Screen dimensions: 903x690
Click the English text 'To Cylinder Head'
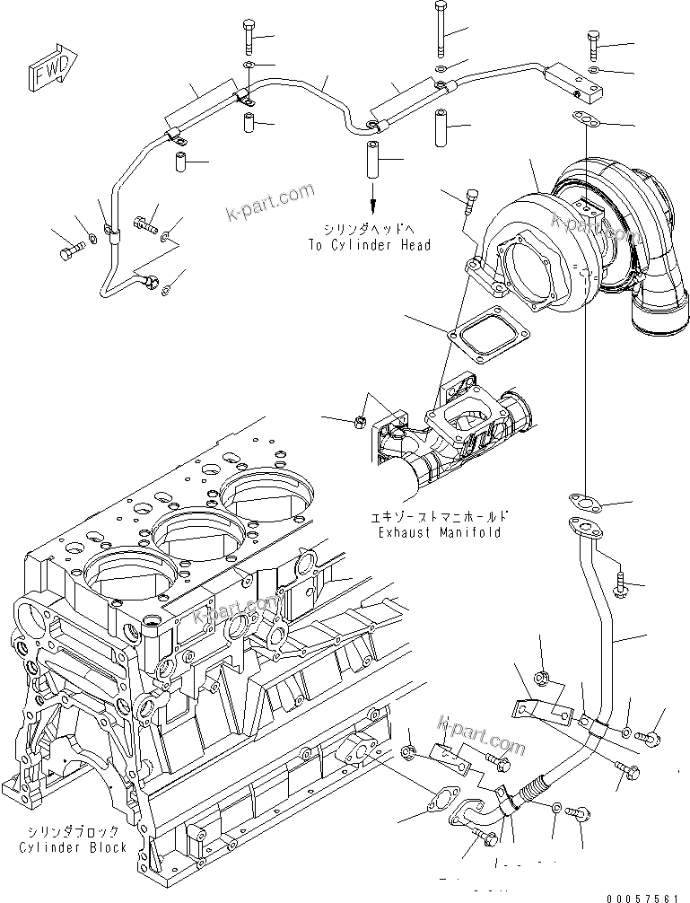click(x=369, y=245)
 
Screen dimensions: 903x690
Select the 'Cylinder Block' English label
click(x=73, y=847)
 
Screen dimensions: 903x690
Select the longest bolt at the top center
click(x=440, y=32)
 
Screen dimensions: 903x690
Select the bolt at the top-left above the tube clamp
click(x=249, y=38)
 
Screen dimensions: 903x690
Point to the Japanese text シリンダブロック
click(x=73, y=832)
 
